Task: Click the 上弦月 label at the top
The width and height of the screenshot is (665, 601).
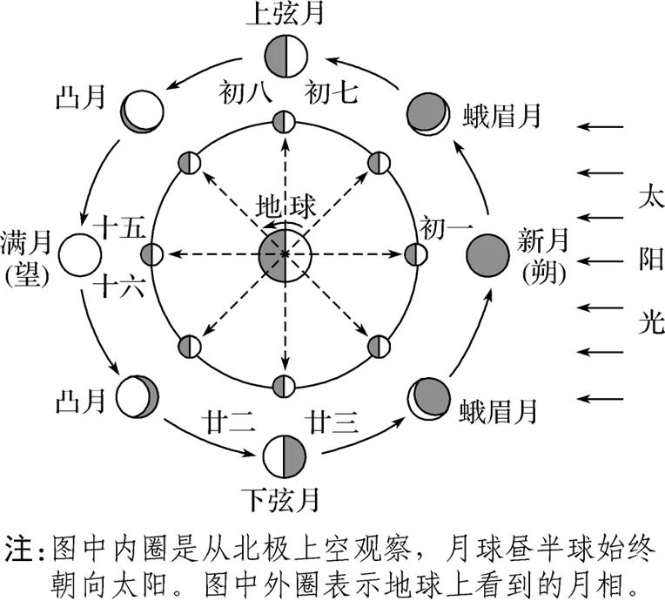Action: coord(284,17)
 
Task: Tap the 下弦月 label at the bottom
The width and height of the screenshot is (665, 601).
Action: coord(284,500)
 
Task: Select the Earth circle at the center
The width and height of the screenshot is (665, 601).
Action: coord(284,254)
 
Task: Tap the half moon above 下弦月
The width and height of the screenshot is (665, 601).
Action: coord(284,455)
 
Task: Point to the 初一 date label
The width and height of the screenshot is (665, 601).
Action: coord(446,228)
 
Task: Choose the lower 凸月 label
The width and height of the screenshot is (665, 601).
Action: coord(79,401)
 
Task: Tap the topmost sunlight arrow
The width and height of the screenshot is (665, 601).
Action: coord(603,127)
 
